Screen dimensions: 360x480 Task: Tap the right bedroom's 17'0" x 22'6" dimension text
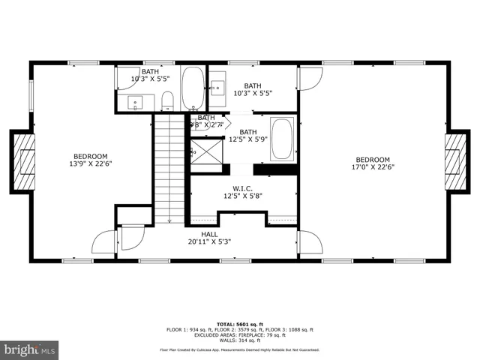click(373, 166)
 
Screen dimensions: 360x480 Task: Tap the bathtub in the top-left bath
click(191, 88)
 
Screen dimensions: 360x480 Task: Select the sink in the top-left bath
click(135, 102)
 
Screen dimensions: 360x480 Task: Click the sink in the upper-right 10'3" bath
click(217, 87)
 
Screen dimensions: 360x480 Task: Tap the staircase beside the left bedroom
click(170, 169)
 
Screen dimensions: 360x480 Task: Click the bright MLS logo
click(30, 349)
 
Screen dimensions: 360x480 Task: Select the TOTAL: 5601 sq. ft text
click(240, 323)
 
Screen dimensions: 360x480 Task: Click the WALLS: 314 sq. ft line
click(240, 339)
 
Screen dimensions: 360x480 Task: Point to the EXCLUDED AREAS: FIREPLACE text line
click(240, 334)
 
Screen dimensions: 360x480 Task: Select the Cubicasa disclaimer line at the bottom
click(240, 349)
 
